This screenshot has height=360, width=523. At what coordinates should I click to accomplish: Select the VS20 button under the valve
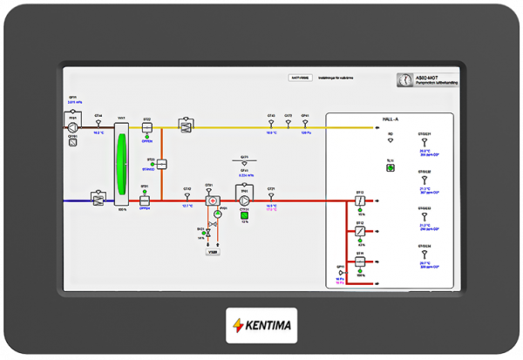(x=212, y=253)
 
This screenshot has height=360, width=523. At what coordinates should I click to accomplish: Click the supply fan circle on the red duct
(x=245, y=200)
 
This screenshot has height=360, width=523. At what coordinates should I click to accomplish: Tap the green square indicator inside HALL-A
(x=391, y=168)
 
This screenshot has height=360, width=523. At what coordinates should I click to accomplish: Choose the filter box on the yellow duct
(x=185, y=126)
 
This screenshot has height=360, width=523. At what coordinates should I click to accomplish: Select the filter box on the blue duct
(x=98, y=200)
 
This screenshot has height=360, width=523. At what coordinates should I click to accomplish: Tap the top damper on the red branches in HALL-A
(x=359, y=200)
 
